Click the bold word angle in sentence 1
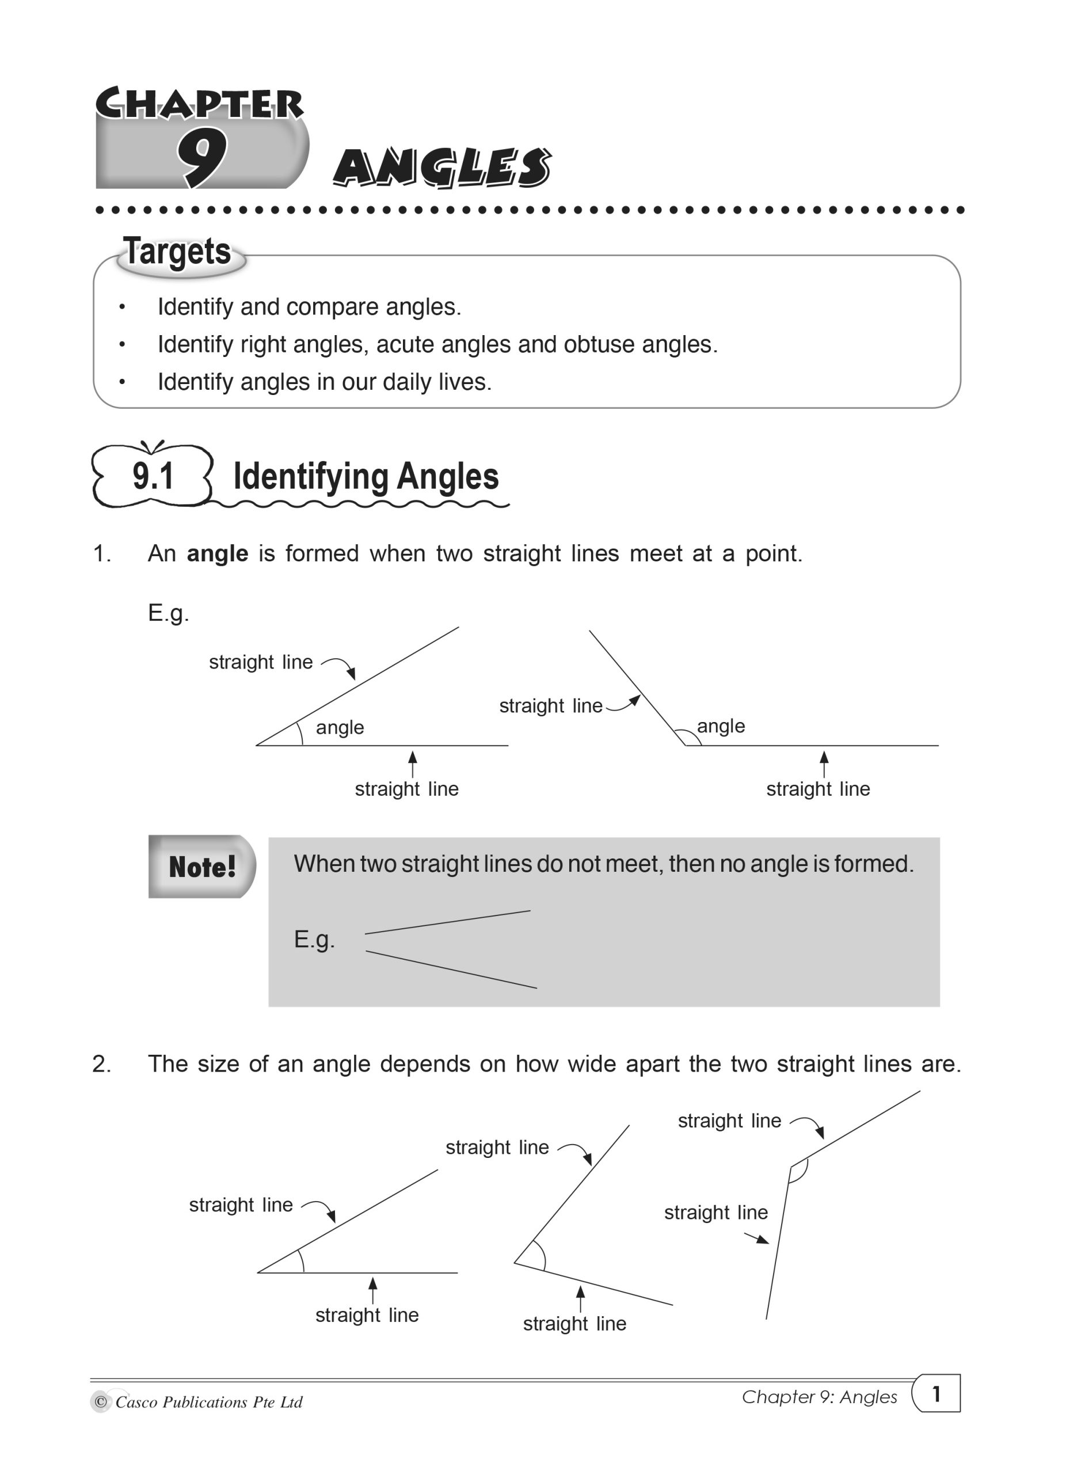217,554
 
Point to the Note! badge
201,867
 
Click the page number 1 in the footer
937,1394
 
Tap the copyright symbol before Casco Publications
100,1402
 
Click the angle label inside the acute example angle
340,727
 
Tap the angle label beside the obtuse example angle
721,726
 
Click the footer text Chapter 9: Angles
819,1397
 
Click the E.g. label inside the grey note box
314,940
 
